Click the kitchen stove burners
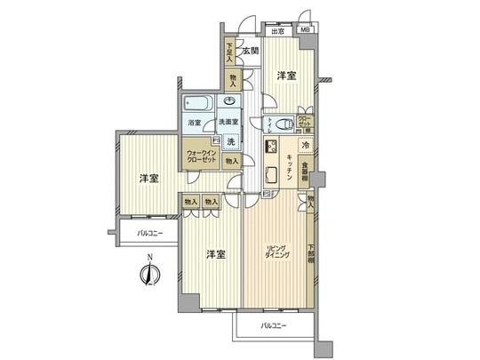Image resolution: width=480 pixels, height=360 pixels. [x=273, y=148]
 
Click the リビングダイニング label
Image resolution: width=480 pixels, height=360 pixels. [x=274, y=252]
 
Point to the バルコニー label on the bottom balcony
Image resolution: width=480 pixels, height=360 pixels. [x=273, y=328]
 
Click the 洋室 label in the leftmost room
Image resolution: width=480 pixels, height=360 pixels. [x=148, y=179]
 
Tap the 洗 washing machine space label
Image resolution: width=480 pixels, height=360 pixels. [x=229, y=141]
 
